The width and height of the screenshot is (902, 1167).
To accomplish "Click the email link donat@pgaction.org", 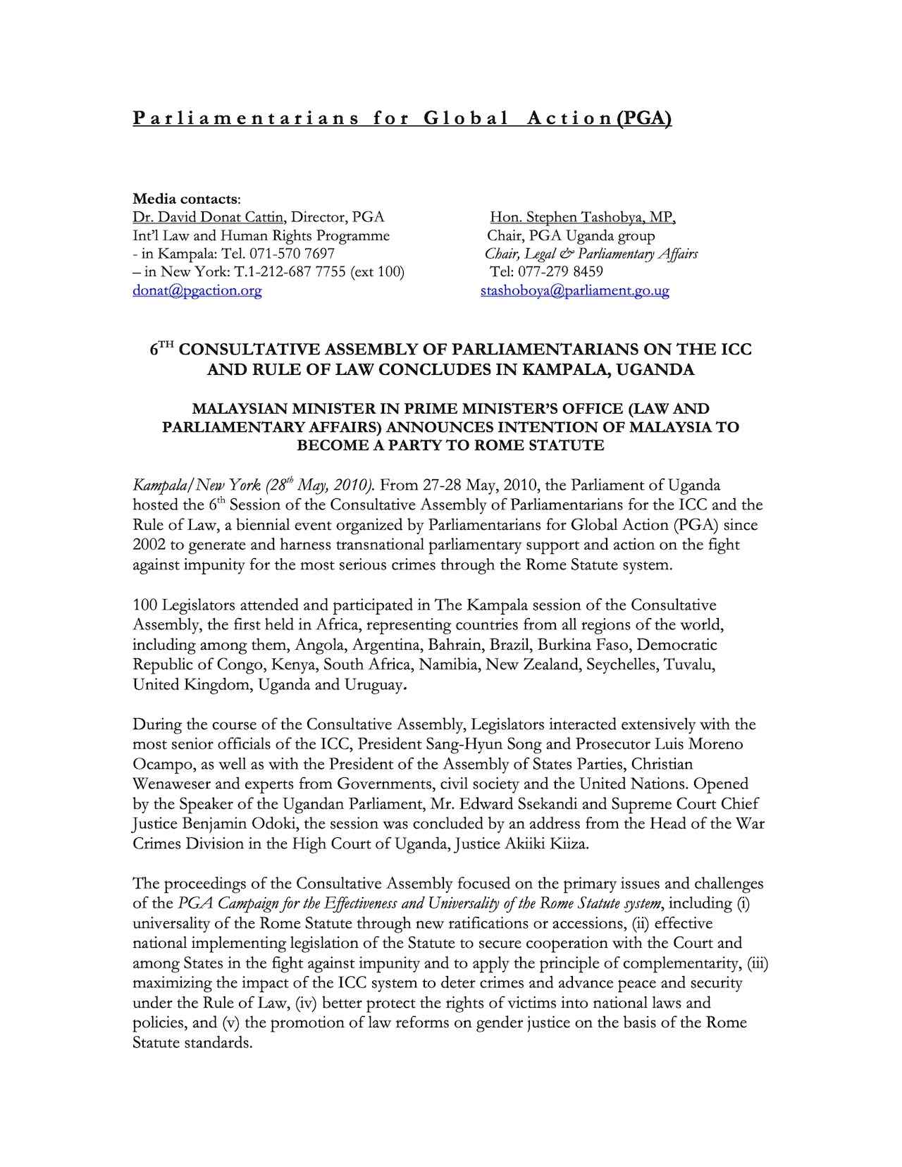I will coord(197,290).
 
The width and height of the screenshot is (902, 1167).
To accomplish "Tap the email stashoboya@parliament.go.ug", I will coord(574,290).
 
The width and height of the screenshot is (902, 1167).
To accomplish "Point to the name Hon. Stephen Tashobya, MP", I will coord(583,217).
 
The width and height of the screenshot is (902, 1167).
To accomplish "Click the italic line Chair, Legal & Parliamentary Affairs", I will coord(591,254).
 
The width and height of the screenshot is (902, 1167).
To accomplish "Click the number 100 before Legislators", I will coord(145,605).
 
